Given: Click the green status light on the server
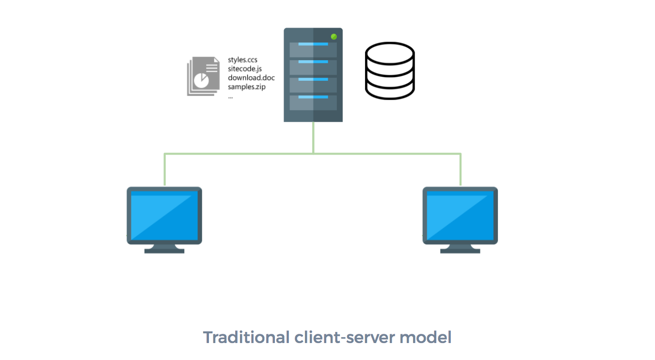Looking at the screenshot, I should (334, 37).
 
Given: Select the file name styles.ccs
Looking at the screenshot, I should (242, 60).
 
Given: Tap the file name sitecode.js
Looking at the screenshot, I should (245, 69).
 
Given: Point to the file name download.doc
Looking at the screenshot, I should (251, 78).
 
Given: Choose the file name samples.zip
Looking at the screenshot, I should (247, 87).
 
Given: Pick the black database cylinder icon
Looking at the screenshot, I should (390, 71).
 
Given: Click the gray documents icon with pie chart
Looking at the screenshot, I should (201, 76).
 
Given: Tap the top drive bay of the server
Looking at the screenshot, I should (313, 49).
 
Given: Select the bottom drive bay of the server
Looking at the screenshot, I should (313, 102).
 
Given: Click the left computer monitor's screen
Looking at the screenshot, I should (164, 216).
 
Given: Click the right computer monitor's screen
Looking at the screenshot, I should (460, 216).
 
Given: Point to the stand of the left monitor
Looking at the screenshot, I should (164, 248).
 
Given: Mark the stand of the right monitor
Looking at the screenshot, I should (460, 248).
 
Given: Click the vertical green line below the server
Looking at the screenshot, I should (313, 138).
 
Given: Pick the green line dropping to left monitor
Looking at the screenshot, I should (165, 170).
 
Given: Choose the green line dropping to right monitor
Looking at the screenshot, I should (460, 170).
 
